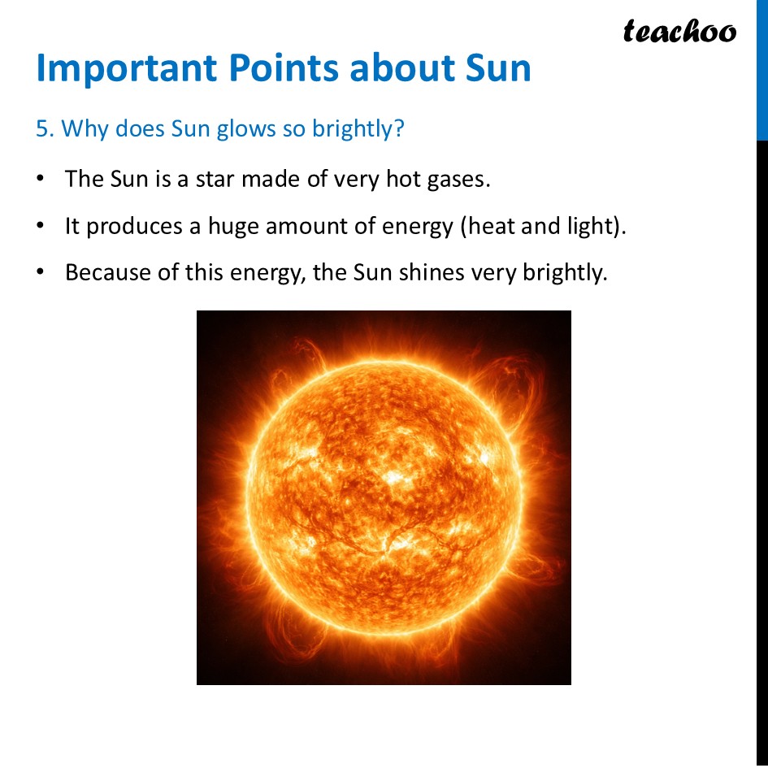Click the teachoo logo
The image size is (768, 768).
point(679,31)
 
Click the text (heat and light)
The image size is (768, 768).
point(544,225)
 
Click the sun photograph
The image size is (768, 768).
point(384,497)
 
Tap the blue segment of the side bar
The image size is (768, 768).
point(761,69)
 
